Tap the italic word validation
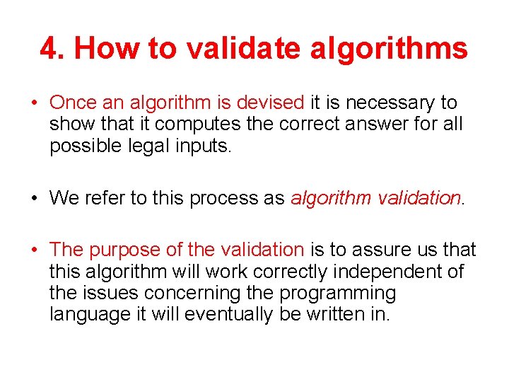[419, 198]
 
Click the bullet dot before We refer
[33, 199]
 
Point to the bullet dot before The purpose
[33, 250]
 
